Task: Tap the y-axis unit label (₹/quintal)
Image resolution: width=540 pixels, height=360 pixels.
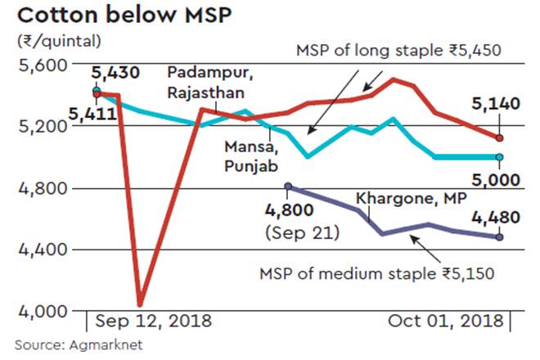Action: point(58,40)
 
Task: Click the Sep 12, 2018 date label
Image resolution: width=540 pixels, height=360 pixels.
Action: point(153,320)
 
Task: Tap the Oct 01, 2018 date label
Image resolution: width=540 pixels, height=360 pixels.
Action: point(446,320)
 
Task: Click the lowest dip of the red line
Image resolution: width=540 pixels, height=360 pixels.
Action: point(141,304)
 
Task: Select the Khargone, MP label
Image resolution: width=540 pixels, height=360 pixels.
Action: point(398,198)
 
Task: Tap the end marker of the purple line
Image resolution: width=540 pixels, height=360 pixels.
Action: point(499,237)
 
